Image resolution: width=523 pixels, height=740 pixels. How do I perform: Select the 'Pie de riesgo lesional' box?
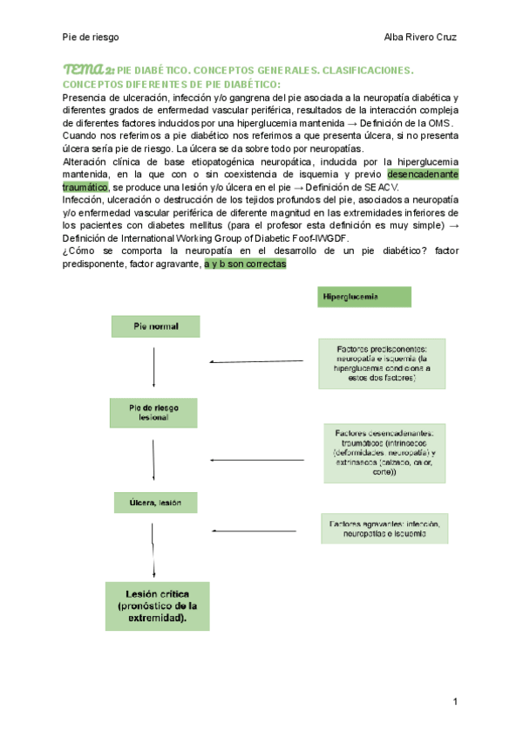click(154, 413)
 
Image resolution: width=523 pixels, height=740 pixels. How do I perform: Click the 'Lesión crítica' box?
click(157, 606)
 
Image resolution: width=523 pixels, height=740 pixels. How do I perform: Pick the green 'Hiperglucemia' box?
click(363, 297)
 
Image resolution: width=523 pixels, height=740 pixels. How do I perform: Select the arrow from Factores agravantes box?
click(257, 530)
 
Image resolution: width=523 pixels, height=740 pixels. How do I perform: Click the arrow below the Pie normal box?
click(154, 366)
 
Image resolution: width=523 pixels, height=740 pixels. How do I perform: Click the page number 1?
click(455, 702)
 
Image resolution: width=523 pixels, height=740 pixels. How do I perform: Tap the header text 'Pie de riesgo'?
click(91, 37)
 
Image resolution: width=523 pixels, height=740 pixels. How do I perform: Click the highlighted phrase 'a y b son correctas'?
click(245, 263)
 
